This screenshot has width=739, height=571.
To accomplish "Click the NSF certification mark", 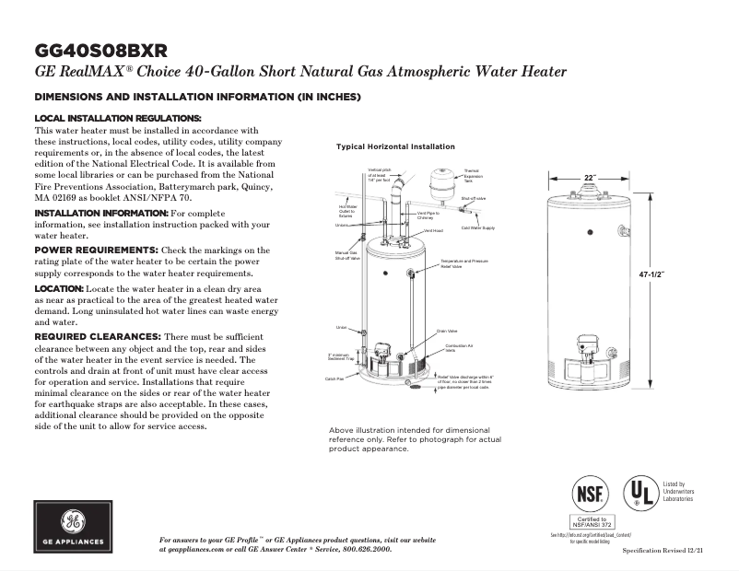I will [x=590, y=494].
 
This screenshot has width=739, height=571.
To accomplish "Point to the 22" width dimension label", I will [x=590, y=178].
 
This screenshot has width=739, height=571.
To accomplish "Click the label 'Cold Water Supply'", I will [x=477, y=227].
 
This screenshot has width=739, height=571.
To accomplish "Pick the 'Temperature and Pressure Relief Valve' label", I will [x=463, y=264].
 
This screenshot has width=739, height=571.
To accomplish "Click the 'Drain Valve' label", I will [x=447, y=332].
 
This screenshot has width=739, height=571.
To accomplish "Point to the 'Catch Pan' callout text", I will [x=334, y=379].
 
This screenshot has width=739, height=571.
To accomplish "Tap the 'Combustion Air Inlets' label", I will [x=458, y=347].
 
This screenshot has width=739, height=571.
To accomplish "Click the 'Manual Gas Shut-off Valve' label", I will [x=346, y=255].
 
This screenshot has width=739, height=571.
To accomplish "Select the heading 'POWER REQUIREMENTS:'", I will [x=97, y=251].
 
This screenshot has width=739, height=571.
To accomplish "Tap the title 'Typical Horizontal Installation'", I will [x=395, y=147].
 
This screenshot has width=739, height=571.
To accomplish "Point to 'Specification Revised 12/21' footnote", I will [x=663, y=550].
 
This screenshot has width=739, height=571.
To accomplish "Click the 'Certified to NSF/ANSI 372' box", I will [x=590, y=522].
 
